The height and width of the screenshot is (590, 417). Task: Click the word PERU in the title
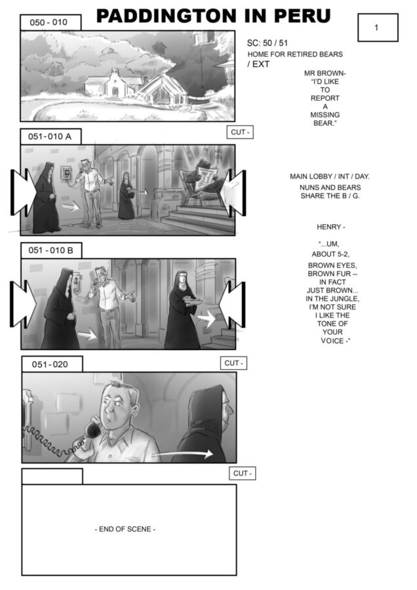302,16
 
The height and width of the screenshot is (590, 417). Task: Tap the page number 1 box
378,28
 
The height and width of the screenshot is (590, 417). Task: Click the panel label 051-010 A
50,136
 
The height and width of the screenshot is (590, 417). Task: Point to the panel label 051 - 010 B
51,250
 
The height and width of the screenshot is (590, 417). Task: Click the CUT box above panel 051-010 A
240,132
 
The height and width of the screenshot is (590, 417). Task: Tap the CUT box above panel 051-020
233,363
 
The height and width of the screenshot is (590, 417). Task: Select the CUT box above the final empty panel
243,473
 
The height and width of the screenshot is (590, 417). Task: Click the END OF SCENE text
125,529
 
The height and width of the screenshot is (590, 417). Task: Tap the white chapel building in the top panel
114,84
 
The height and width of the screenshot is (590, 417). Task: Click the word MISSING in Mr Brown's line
325,115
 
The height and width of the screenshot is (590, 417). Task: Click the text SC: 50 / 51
268,43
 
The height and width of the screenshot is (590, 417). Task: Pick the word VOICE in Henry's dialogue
334,340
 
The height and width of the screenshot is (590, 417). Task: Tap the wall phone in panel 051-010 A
67,174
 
